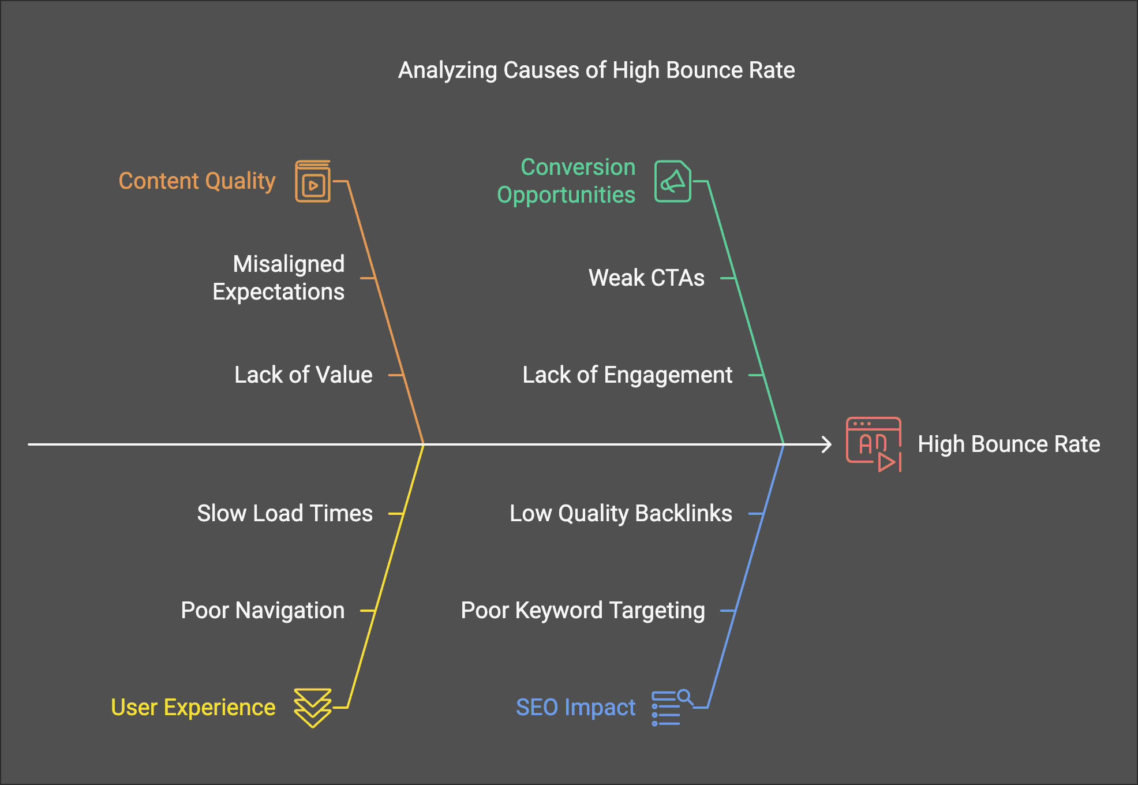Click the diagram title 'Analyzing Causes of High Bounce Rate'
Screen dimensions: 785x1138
coord(596,70)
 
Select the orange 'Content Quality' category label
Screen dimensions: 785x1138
coord(197,181)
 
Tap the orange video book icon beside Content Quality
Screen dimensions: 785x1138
coord(313,181)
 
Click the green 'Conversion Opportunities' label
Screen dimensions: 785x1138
coord(566,181)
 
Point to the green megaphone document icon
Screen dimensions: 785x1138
coord(672,181)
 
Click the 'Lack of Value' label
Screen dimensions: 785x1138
coord(303,375)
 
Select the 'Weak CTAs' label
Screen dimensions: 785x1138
coord(646,278)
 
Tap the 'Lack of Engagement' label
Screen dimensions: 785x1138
coord(627,375)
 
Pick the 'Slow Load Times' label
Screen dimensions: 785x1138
coord(284,514)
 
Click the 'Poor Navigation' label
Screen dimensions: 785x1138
coord(263,611)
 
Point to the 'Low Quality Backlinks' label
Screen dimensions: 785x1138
coord(620,514)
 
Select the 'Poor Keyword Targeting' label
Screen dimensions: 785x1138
coord(583,611)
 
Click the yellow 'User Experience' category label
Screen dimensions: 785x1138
coord(193,708)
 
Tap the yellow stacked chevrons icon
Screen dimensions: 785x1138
coord(312,708)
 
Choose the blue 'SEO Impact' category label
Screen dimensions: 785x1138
coord(575,708)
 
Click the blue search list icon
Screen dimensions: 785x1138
coord(671,708)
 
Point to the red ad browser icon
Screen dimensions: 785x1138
coord(873,444)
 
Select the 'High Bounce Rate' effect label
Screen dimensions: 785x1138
coord(1009,444)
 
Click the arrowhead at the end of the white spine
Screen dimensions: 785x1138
coord(828,444)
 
